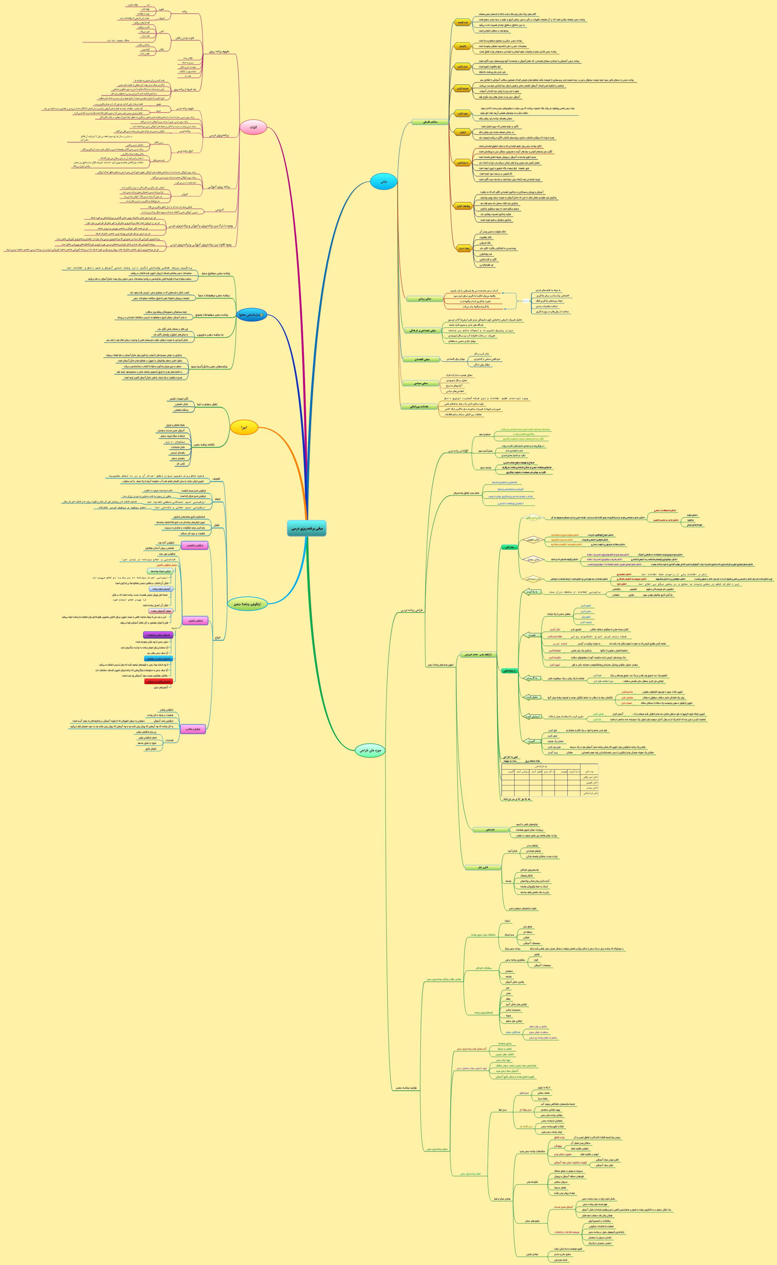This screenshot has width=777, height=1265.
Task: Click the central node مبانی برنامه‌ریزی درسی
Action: coord(306,528)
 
